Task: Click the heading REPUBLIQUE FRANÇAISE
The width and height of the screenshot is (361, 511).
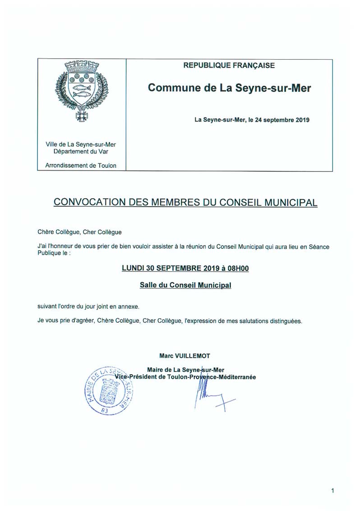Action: click(229, 66)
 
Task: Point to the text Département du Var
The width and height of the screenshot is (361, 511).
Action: click(81, 152)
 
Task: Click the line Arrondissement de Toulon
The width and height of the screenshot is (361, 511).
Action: click(81, 165)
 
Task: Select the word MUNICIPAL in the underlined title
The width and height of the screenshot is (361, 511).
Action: click(289, 202)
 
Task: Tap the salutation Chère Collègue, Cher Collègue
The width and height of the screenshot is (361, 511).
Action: click(80, 232)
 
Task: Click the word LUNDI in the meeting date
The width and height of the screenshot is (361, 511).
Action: click(133, 268)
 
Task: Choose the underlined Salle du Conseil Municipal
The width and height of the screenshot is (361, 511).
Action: click(185, 285)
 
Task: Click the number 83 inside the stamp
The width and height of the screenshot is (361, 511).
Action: click(105, 410)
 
